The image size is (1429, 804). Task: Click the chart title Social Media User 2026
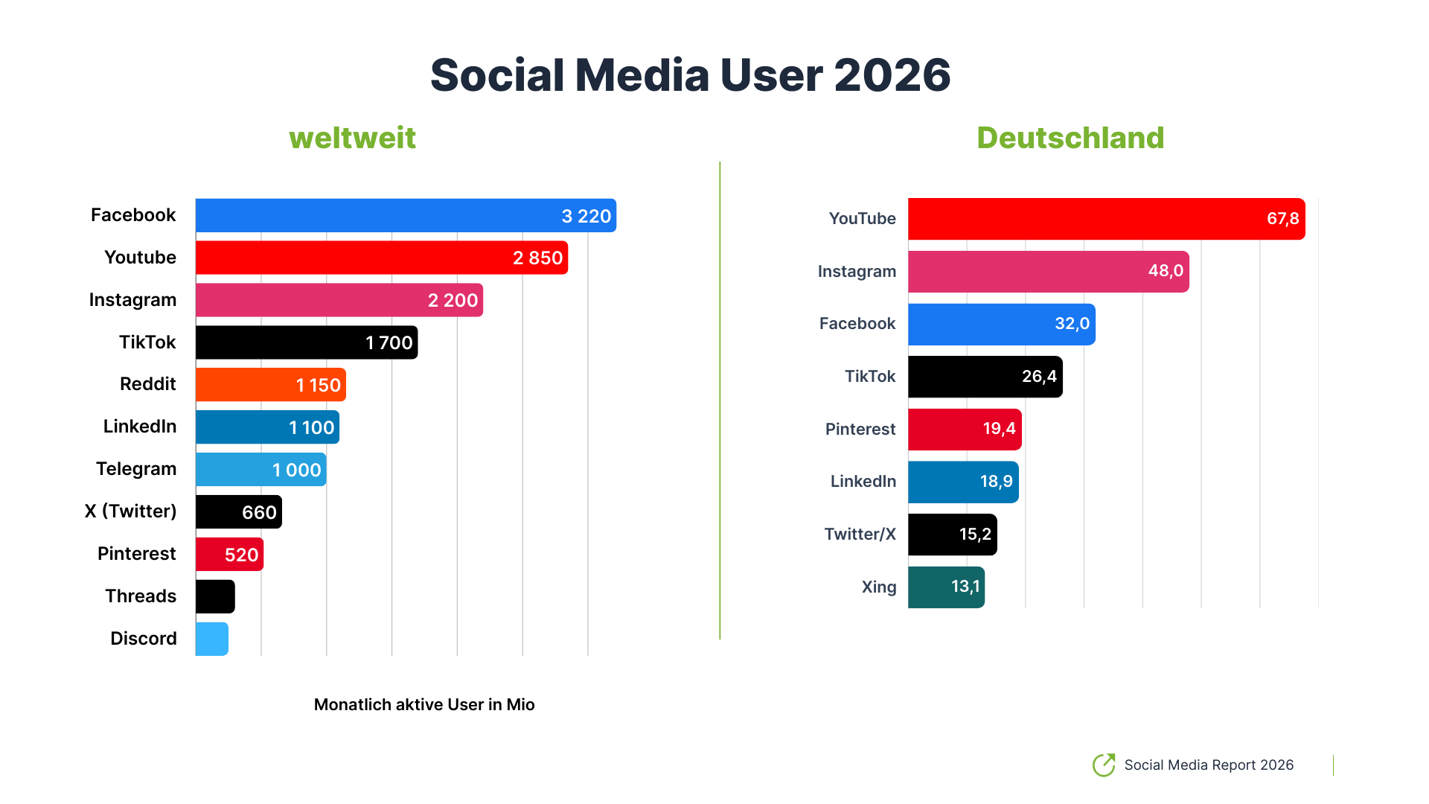pyautogui.click(x=690, y=75)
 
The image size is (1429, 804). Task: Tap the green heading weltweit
pyautogui.click(x=352, y=138)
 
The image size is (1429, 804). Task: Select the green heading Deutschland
pyautogui.click(x=1070, y=138)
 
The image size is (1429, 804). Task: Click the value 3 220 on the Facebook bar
pyautogui.click(x=586, y=216)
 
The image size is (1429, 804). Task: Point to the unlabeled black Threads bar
pyautogui.click(x=215, y=596)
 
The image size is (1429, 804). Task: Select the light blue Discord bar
pyautogui.click(x=212, y=639)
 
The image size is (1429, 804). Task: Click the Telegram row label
pyautogui.click(x=136, y=469)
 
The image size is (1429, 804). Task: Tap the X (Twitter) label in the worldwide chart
pyautogui.click(x=130, y=511)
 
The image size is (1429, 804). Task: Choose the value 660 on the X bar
pyautogui.click(x=259, y=512)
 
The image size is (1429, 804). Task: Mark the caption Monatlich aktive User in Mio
pyautogui.click(x=424, y=704)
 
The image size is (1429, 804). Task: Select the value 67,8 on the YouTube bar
pyautogui.click(x=1282, y=219)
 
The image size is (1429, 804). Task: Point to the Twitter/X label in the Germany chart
pyautogui.click(x=860, y=535)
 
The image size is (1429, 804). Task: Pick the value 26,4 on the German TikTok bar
pyautogui.click(x=1039, y=377)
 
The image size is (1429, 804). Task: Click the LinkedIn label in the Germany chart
pyautogui.click(x=863, y=482)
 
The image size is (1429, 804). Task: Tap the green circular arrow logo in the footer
pyautogui.click(x=1104, y=765)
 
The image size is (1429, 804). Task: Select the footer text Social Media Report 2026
pyautogui.click(x=1209, y=765)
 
